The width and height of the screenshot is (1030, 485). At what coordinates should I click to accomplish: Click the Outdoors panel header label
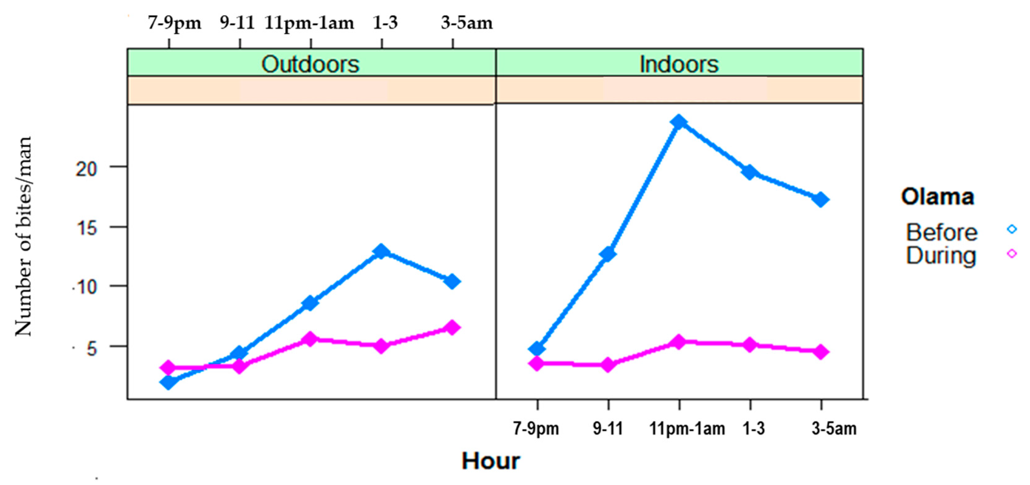click(x=310, y=64)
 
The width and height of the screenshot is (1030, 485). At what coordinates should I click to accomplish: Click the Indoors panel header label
click(x=679, y=64)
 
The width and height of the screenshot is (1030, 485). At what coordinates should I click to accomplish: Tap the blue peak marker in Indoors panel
click(x=679, y=122)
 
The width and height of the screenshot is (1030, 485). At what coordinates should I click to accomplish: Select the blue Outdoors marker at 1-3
click(x=381, y=251)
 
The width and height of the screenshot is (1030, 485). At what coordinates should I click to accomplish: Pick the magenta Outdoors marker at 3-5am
click(x=452, y=327)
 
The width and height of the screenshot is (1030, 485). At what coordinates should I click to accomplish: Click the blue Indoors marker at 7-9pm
click(x=537, y=349)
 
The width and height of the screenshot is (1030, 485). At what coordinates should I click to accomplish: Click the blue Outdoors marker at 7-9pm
click(x=168, y=382)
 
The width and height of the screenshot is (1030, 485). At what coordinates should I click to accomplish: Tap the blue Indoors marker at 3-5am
click(x=821, y=199)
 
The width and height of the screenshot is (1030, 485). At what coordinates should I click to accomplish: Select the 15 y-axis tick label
click(x=86, y=228)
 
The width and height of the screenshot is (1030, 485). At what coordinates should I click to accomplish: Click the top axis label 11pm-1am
click(x=309, y=23)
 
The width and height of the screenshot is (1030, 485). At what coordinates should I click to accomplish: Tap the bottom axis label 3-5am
click(x=834, y=429)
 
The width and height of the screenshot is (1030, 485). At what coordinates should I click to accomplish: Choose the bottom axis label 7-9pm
click(x=536, y=429)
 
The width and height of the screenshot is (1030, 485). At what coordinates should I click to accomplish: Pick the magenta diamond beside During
click(x=1011, y=253)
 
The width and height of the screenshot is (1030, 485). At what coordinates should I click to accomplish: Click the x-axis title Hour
click(x=490, y=461)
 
